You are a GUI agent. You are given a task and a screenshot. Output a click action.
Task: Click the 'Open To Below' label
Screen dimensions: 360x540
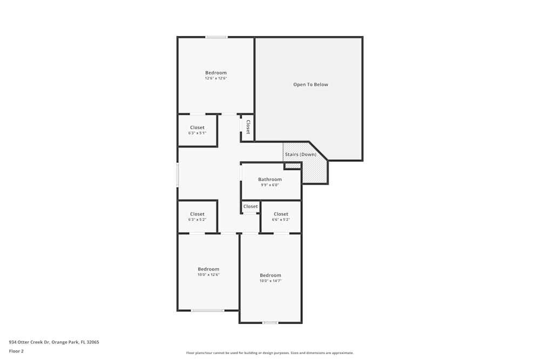point(310,85)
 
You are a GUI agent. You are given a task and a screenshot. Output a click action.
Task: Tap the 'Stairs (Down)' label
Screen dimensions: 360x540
point(300,154)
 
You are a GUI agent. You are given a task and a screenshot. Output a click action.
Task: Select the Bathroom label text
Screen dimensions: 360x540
point(269,179)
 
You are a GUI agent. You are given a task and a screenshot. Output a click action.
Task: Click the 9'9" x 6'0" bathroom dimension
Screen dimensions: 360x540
point(269,185)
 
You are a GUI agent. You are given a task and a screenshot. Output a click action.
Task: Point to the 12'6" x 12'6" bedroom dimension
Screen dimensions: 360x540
point(215,78)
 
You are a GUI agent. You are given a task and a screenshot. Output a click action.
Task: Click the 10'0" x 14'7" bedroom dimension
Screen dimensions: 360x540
point(270,281)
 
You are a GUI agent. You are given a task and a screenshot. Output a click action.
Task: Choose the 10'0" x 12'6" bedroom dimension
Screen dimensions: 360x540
point(208,275)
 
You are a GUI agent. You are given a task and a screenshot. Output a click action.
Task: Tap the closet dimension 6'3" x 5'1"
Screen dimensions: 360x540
point(197,133)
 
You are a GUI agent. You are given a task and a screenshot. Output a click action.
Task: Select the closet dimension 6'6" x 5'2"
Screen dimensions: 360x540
point(281,220)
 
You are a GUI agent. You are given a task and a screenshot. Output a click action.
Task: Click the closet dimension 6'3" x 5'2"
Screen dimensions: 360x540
point(197,220)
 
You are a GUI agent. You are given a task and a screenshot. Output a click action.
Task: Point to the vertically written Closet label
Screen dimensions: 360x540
point(248,127)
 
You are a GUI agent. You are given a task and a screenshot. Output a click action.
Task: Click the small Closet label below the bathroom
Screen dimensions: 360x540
point(251,206)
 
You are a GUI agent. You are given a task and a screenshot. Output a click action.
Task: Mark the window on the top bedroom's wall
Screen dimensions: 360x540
point(216,37)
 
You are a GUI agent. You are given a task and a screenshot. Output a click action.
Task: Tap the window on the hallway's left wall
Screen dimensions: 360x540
point(178,175)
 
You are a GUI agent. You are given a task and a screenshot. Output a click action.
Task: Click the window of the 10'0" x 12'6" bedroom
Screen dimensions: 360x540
point(207,310)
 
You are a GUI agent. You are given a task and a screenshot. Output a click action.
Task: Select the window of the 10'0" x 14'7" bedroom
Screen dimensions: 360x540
point(270,323)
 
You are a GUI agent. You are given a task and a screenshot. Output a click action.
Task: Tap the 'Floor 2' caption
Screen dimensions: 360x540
point(16,351)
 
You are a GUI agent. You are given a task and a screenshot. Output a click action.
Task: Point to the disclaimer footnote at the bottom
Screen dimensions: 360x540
point(270,353)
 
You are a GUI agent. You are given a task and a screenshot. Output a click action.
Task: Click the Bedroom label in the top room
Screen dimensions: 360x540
point(215,72)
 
